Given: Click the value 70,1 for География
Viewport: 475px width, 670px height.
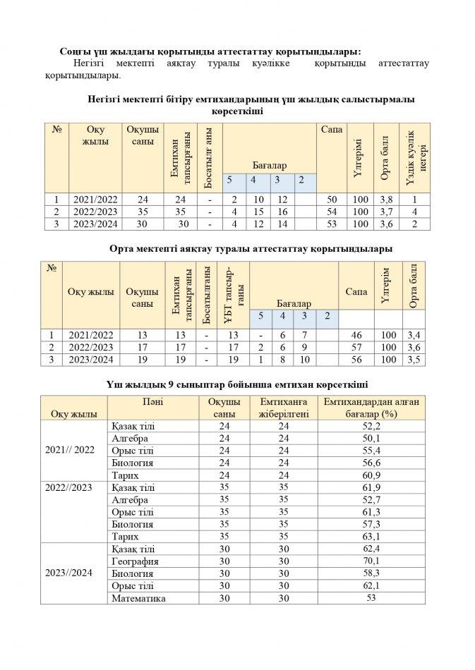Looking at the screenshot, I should point(371,561).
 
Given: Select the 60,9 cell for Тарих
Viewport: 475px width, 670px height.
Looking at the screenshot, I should point(371,475).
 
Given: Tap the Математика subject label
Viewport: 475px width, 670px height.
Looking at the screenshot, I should point(138,598).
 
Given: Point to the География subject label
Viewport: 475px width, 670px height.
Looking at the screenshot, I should point(135,561).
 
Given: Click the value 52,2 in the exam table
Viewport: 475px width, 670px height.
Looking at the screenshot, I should point(371,426).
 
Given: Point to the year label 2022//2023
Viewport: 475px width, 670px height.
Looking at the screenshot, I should point(69,487).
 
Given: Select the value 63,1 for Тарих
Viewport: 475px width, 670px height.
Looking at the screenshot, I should point(371,537).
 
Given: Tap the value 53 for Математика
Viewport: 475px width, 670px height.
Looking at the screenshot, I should point(371,598).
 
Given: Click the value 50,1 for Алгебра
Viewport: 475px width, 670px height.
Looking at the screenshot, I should point(371,438).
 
